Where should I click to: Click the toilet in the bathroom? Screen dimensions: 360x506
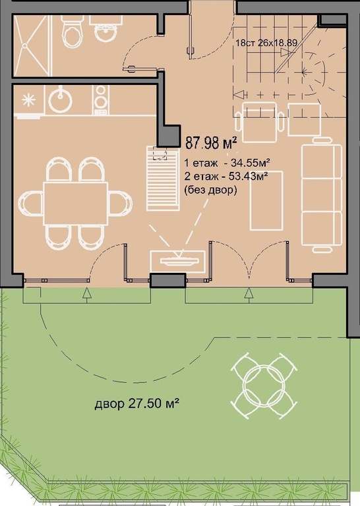click(x=73, y=32)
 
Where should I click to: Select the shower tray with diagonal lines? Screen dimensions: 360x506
click(x=32, y=45)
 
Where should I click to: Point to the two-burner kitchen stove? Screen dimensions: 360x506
click(x=101, y=100)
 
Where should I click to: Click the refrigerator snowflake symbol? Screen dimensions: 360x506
click(x=29, y=99)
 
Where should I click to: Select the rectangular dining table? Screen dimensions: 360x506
click(x=76, y=204)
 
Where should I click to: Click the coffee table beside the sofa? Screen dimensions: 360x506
click(x=266, y=201)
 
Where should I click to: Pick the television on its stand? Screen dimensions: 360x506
click(x=178, y=260)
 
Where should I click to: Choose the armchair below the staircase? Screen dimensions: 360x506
click(x=260, y=122)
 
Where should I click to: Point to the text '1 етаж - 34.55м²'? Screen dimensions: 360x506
click(x=227, y=163)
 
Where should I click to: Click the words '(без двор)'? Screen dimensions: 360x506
click(x=210, y=190)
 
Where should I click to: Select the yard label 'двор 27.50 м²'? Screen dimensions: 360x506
click(x=137, y=403)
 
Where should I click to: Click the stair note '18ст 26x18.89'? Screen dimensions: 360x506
click(x=266, y=43)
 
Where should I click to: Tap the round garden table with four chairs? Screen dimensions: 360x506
click(x=264, y=386)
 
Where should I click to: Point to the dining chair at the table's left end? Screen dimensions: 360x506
click(x=31, y=204)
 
